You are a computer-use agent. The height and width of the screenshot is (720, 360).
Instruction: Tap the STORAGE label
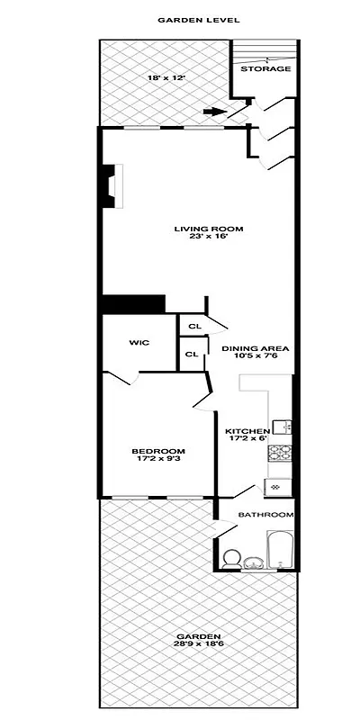[265, 68]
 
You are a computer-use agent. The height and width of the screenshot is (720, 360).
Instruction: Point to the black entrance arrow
[213, 112]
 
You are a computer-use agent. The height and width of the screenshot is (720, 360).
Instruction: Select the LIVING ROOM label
[209, 229]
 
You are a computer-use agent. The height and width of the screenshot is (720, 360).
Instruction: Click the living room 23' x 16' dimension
[209, 238]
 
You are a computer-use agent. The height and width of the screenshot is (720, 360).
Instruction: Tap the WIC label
[139, 342]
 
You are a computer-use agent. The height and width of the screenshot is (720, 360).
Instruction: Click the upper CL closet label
[193, 327]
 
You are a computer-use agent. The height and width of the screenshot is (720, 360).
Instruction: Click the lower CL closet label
[192, 354]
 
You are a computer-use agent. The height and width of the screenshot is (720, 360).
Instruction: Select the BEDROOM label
[158, 451]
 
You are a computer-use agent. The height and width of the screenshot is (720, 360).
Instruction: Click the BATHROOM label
[265, 515]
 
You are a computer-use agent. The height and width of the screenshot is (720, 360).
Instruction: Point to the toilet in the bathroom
[230, 556]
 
